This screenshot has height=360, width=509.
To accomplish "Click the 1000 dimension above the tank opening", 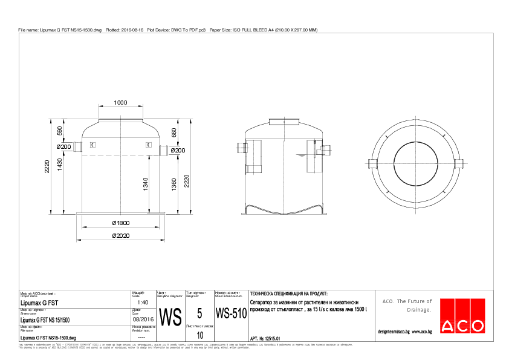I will coord(121,102).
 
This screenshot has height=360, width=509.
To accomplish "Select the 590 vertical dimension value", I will coord(60,131).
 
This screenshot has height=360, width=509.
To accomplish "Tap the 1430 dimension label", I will coord(60,171).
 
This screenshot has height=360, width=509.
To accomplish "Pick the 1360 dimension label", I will coord(174,184).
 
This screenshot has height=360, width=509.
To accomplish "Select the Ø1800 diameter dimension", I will coord(121,223).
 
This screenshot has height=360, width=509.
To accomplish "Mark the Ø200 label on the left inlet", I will coord(64,146).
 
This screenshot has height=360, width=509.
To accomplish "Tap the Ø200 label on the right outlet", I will coord(177,149).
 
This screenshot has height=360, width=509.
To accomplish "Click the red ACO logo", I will coord(462,316).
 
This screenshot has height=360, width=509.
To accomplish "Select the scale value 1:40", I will coord(143,302).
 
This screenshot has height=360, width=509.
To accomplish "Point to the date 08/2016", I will coord(143,319).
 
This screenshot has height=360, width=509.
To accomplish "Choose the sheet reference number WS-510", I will coord(231,314).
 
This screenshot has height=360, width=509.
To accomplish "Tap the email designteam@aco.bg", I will coord(394,332).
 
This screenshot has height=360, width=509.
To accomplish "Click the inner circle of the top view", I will coord(416,163).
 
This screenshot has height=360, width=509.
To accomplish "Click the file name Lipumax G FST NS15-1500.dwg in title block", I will coord(48,337).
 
